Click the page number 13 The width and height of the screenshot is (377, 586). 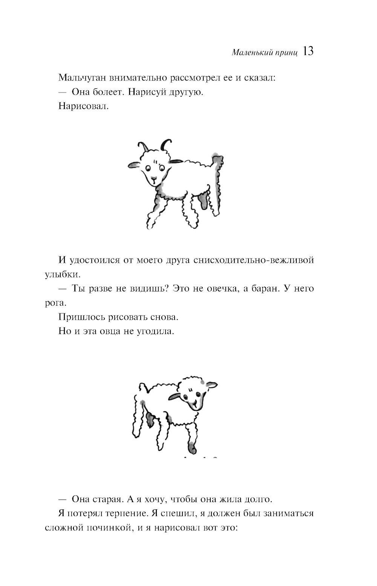point(308,51)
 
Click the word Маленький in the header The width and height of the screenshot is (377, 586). point(249,53)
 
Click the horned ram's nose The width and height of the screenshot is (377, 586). point(153,179)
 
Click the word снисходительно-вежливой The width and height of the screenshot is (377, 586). point(253,260)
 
